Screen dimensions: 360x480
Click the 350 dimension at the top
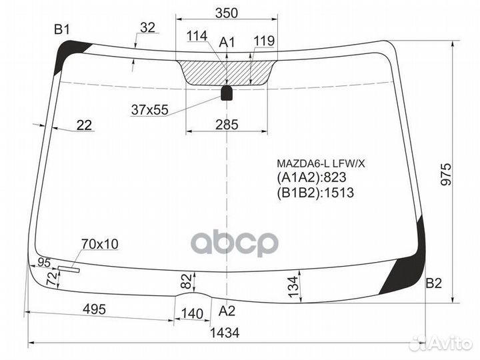click(227, 12)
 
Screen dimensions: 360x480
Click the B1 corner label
click(62, 29)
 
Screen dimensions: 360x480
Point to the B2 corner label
click(434, 283)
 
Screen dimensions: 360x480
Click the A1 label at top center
click(227, 43)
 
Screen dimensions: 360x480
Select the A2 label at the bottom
click(227, 310)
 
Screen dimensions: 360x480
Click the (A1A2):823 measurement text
click(308, 178)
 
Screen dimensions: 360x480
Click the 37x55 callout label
click(149, 110)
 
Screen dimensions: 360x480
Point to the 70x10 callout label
click(99, 244)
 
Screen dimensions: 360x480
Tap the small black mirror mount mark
click(227, 93)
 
